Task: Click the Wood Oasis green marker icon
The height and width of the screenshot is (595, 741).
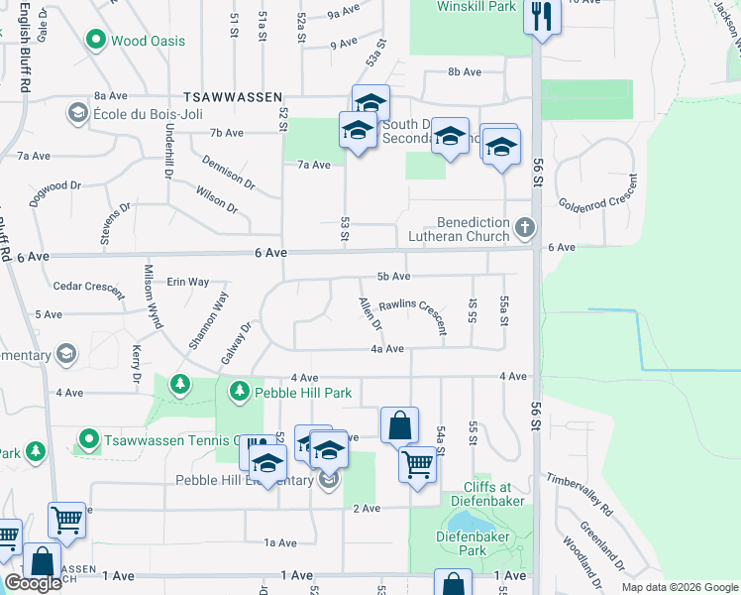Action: point(96,41)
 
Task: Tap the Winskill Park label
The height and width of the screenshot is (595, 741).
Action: point(476,7)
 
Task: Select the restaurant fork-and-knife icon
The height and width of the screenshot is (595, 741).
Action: point(541,14)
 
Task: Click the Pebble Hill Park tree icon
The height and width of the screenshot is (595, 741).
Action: point(239,393)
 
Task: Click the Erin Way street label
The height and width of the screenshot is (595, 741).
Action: point(187,282)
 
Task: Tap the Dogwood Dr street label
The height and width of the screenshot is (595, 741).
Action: point(48,191)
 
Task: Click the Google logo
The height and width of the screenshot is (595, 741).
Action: point(33,583)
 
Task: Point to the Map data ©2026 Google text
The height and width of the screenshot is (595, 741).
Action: point(680,587)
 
